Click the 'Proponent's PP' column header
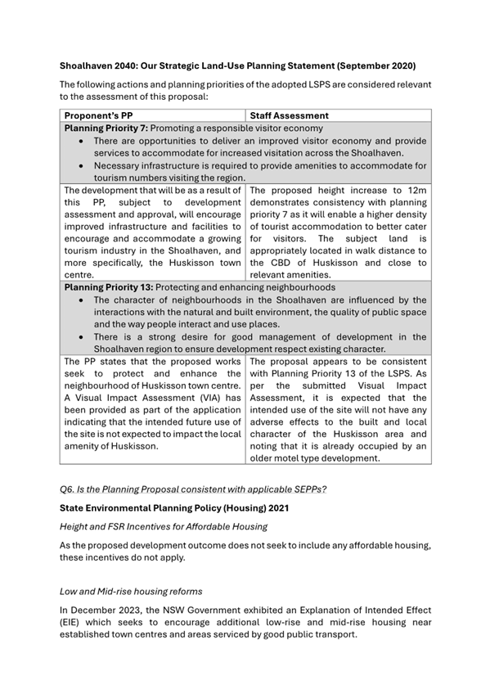(x=101, y=116)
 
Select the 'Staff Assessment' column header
(x=289, y=116)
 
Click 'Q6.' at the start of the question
(x=69, y=489)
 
